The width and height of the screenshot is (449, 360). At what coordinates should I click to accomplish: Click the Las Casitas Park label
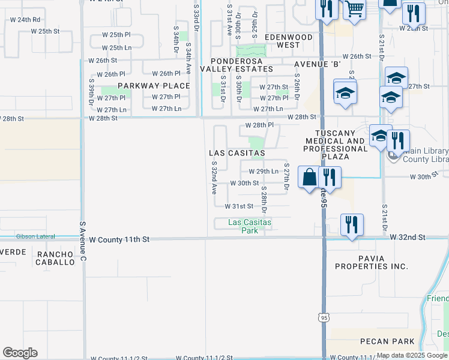point(250,226)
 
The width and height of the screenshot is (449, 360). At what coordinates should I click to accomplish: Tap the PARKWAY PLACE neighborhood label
point(154,86)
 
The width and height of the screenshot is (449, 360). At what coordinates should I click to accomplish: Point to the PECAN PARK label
point(387,341)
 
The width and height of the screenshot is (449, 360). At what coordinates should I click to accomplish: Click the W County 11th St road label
point(119,239)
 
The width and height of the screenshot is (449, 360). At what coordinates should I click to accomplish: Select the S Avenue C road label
point(83,242)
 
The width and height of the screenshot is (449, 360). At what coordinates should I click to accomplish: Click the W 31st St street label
point(239,206)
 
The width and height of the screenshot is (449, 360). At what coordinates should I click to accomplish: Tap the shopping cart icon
point(355,10)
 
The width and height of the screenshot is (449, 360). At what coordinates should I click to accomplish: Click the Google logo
point(20,353)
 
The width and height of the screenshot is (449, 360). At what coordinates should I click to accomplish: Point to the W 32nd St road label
point(407,238)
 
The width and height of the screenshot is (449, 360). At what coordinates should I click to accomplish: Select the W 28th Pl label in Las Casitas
point(259,125)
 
